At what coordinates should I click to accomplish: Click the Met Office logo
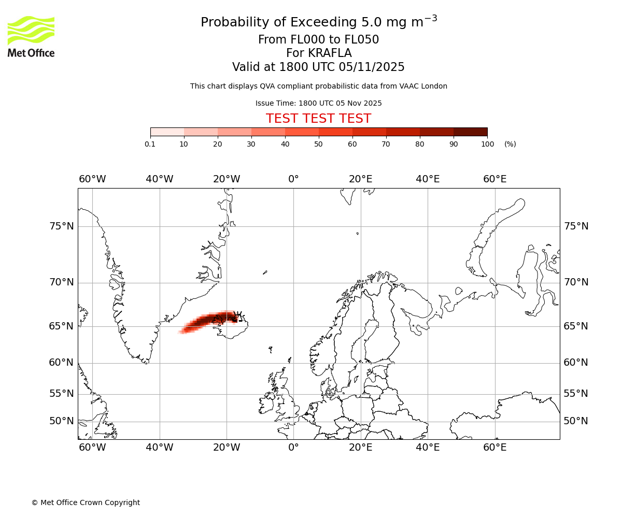31,36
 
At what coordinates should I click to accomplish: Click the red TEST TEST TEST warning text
318,119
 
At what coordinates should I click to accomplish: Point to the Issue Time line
318,103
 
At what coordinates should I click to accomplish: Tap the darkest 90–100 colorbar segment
470,132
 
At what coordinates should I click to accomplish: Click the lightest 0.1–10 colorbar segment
167,132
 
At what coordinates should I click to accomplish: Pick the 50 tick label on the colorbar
318,144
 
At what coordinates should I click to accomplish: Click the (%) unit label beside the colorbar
510,144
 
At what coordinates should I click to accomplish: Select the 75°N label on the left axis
61,226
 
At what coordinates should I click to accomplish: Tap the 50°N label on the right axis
576,421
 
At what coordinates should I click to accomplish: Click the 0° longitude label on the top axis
293,179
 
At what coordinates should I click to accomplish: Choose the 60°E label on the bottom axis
494,448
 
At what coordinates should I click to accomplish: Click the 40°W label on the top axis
159,179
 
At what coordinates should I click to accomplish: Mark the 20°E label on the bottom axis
360,448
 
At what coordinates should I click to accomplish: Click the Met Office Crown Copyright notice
86,502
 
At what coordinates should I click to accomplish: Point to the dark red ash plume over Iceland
218,319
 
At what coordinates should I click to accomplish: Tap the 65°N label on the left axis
61,326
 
